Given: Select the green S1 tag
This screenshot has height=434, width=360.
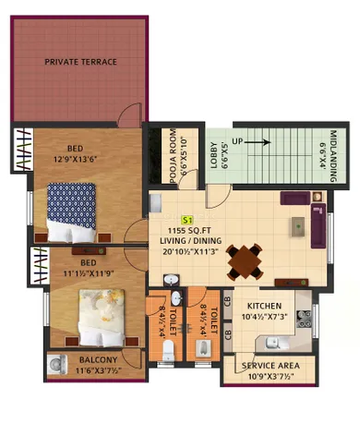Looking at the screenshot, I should point(186,222).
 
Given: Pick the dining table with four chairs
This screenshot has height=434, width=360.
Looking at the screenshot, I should point(245,260).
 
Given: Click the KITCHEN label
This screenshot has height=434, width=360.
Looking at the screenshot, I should point(264,306).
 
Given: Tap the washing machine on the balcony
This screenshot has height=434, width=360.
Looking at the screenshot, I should point(58,364).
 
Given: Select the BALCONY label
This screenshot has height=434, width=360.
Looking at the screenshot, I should point(95,360).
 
